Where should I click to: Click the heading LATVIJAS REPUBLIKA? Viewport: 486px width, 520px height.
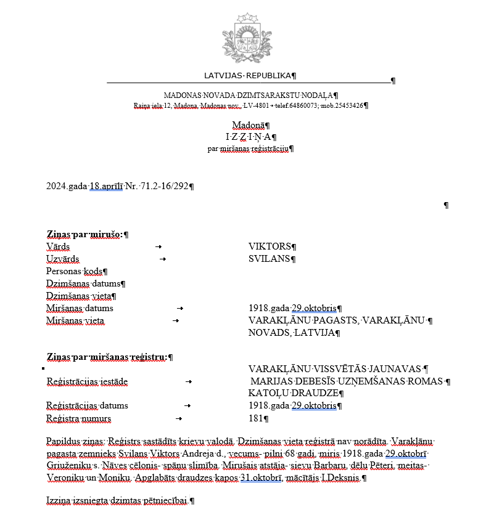(x=248, y=76)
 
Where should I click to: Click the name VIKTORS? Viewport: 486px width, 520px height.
(x=270, y=246)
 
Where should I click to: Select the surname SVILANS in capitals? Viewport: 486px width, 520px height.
(x=269, y=259)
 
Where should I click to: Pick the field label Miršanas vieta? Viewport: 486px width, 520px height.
(x=75, y=320)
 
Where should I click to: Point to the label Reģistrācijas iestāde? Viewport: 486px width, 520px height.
(x=87, y=381)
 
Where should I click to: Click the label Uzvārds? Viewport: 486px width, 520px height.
(x=63, y=259)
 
